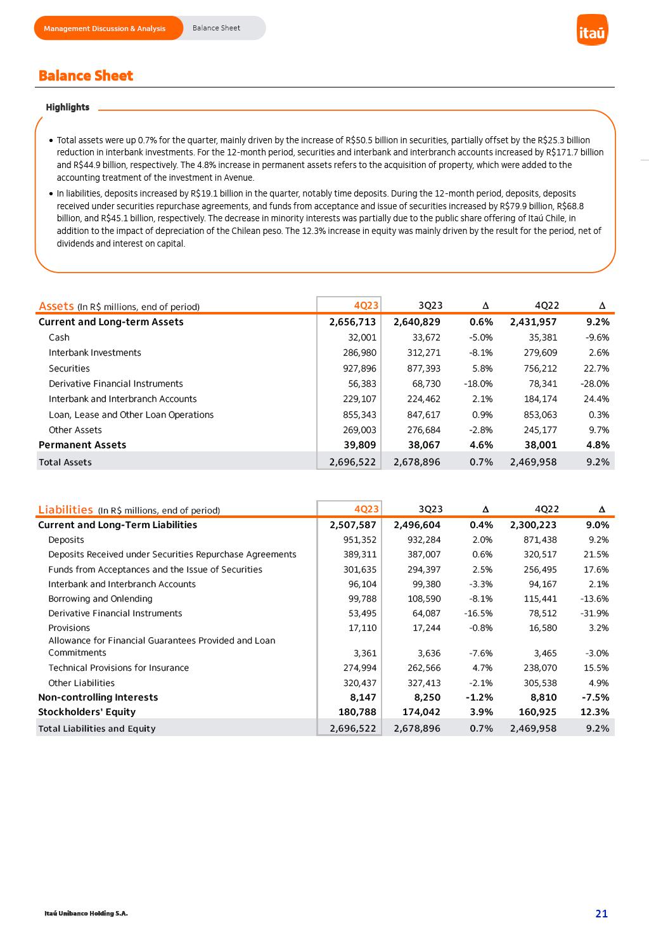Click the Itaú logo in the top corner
[592, 30]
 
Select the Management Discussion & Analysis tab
[105, 29]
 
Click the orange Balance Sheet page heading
[86, 76]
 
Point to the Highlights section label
[67, 107]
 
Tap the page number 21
[601, 914]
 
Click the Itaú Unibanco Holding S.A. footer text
[86, 914]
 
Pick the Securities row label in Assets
[69, 368]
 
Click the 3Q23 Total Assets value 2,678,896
[416, 462]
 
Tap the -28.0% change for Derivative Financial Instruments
[594, 384]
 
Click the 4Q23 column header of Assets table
[366, 306]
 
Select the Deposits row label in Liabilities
[66, 540]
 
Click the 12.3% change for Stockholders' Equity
[594, 712]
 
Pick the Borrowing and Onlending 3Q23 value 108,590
[423, 598]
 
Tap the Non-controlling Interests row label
[98, 697]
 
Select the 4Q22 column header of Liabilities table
[547, 509]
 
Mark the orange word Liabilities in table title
[65, 510]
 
